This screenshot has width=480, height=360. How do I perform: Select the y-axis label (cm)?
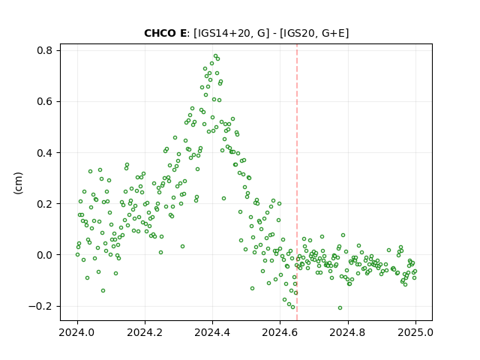click(x=18, y=183)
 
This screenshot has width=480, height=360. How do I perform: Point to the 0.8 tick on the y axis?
click(x=45, y=50)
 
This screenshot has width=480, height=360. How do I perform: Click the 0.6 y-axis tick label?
click(x=45, y=101)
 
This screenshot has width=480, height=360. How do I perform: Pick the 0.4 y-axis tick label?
click(x=45, y=152)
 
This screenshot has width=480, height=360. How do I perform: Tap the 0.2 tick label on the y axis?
click(x=45, y=203)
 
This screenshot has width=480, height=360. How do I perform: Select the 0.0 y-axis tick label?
click(x=45, y=255)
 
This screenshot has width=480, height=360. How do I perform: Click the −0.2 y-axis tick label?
click(x=41, y=306)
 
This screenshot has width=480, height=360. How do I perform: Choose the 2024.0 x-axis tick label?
click(x=77, y=332)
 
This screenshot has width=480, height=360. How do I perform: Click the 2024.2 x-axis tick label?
click(x=145, y=332)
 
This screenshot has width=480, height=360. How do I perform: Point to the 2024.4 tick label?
click(x=212, y=332)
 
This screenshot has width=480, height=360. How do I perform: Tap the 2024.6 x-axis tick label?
click(x=280, y=332)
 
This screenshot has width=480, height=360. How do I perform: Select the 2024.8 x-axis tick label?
click(x=348, y=332)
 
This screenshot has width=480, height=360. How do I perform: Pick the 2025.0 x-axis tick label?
click(x=415, y=332)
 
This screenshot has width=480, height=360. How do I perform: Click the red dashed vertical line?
click(x=297, y=182)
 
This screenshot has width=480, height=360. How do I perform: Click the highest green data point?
click(x=215, y=56)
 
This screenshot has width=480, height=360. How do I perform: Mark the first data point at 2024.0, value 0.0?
click(x=77, y=255)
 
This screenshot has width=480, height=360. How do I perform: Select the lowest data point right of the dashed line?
click(x=340, y=308)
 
